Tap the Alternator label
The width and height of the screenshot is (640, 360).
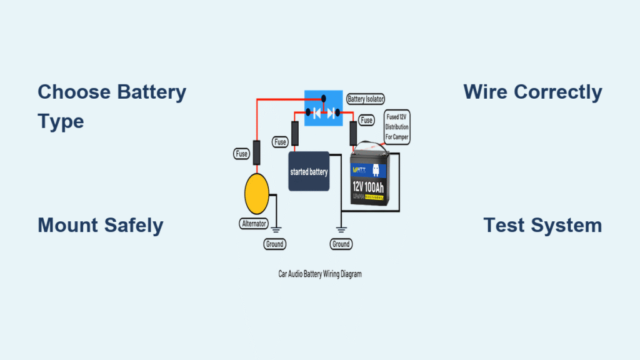(255, 223)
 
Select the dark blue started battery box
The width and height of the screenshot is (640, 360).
(308, 171)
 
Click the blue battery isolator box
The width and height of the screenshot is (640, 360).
(324, 107)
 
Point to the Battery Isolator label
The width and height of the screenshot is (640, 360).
(365, 99)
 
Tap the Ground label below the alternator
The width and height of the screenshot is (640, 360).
(274, 244)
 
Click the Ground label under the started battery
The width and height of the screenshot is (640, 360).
(341, 244)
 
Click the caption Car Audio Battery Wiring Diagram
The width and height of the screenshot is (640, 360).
(320, 274)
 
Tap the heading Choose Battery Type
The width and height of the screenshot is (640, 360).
(112, 106)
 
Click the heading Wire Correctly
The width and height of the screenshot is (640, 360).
(532, 92)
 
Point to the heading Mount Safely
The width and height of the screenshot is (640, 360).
(100, 225)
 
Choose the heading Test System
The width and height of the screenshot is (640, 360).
(542, 225)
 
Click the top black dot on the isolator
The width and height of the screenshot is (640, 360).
(324, 98)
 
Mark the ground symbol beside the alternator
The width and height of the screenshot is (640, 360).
(274, 229)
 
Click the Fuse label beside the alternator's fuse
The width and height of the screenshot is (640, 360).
(241, 152)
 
